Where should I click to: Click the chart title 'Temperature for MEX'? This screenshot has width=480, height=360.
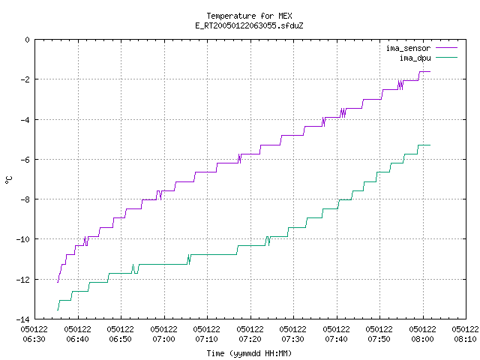(x=249, y=16)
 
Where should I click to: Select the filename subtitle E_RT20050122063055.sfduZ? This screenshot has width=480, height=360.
(x=249, y=25)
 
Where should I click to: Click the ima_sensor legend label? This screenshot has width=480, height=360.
(x=408, y=48)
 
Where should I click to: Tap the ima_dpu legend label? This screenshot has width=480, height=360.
(x=415, y=58)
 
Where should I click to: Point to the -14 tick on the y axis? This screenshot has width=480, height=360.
(x=22, y=319)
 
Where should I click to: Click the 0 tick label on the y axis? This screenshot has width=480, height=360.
(x=27, y=40)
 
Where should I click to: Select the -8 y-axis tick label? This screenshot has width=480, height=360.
(x=25, y=199)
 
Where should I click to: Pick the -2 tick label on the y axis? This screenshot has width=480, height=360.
(x=25, y=79)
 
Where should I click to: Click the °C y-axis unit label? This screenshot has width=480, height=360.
(x=8, y=180)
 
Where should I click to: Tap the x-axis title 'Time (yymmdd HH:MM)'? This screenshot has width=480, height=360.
(x=249, y=353)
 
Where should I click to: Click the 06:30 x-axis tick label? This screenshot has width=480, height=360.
(x=34, y=334)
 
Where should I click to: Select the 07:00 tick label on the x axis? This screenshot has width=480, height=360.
(x=163, y=334)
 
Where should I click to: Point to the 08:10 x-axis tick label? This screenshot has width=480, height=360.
(x=465, y=334)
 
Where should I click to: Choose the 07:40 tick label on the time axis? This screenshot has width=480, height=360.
(x=336, y=334)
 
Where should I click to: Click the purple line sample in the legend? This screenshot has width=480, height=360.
(x=446, y=48)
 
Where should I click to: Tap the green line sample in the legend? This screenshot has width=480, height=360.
(x=446, y=57)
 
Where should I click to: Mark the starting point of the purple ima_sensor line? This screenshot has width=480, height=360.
(x=58, y=282)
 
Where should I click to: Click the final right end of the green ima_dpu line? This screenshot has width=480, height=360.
(x=430, y=145)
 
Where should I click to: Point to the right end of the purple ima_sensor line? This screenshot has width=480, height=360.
(x=430, y=72)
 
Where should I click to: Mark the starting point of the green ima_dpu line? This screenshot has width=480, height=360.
(x=58, y=310)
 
